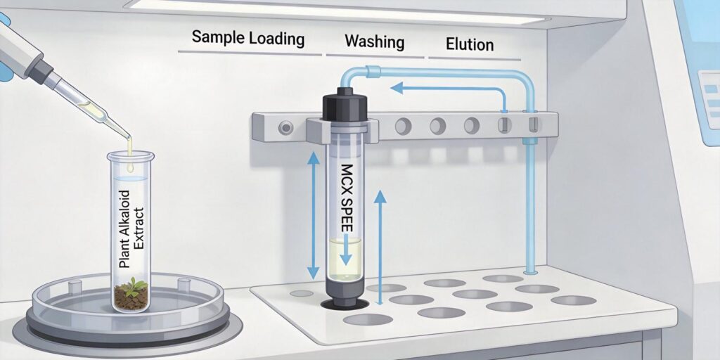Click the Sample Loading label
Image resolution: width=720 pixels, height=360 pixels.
click(x=248, y=38)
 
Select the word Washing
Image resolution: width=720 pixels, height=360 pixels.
click(x=374, y=42)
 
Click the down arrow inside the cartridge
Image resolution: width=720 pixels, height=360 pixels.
click(x=345, y=256)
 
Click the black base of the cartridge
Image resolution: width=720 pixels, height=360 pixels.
click(x=345, y=299)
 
